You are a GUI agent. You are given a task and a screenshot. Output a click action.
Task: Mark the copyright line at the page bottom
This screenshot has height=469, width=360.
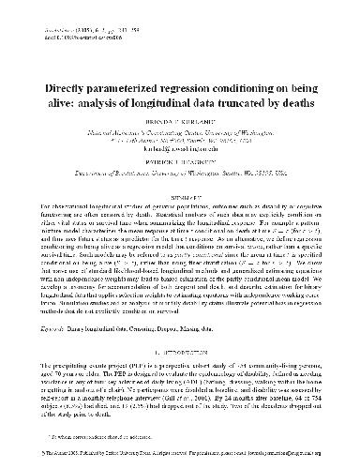(179, 457)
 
